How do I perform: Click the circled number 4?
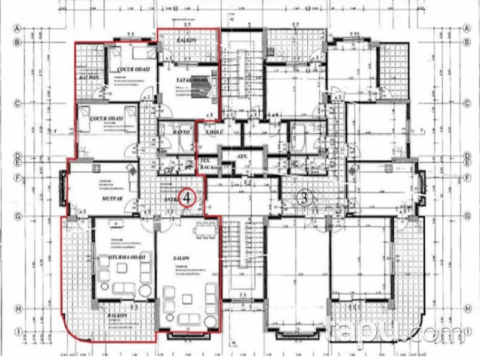188,197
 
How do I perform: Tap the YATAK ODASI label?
192,81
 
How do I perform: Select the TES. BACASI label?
206,165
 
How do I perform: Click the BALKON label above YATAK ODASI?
188,40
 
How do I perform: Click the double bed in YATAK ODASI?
203,90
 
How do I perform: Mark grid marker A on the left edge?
19,28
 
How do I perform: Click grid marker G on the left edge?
19,216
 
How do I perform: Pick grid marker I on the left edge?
19,331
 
